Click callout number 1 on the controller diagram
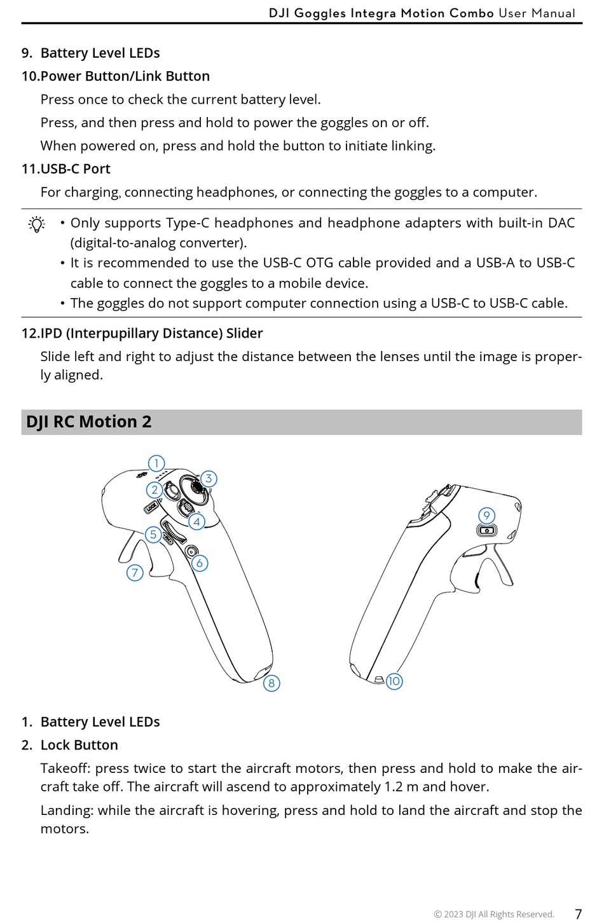pos(156,463)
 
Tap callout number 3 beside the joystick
pos(209,479)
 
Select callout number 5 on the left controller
pos(153,535)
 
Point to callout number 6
pos(200,563)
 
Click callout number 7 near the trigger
pos(135,573)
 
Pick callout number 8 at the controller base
pos(271,683)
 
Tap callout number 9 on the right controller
pos(486,516)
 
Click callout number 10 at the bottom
pos(394,681)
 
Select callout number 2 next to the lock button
pos(154,490)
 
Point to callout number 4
pos(197,522)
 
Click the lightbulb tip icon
pos(37,224)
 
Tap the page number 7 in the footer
pos(578,914)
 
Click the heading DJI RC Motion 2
pos(89,422)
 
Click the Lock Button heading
pos(79,745)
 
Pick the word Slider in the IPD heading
pos(244,334)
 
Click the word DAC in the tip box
pos(561,223)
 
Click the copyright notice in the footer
pos(494,915)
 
